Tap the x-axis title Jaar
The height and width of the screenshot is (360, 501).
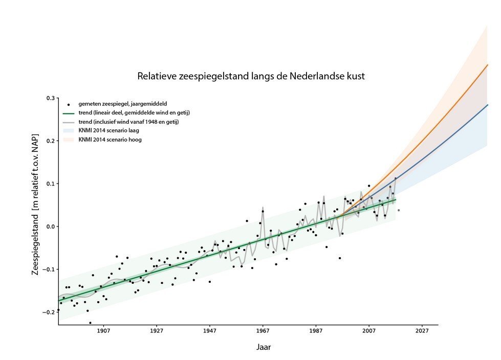264,347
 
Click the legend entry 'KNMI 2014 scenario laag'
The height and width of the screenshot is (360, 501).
110,130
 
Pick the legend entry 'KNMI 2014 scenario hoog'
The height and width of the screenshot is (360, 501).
110,139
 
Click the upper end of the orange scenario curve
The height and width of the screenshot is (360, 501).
488,65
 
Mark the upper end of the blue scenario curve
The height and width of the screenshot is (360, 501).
488,105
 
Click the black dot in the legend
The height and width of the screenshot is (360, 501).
69,104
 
